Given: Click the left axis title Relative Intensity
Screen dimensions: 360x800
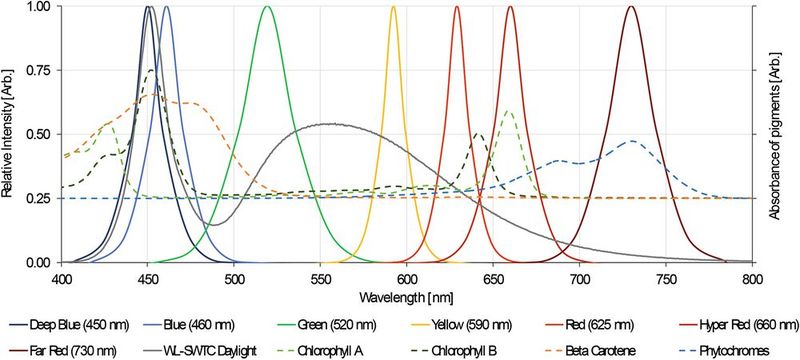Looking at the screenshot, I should click(x=9, y=134).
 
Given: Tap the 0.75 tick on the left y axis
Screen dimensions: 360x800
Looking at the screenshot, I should click(x=38, y=70).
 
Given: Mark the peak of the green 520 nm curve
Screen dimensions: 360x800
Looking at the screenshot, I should click(x=267, y=7).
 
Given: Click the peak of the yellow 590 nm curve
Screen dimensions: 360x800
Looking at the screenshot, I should click(x=393, y=7).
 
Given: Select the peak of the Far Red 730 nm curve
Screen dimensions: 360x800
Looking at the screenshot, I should click(x=631, y=7).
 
